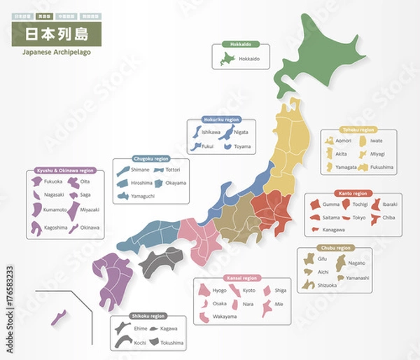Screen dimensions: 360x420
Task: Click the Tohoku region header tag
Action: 358,130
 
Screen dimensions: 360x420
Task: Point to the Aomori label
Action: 343,141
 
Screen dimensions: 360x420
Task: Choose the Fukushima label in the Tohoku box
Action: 381,167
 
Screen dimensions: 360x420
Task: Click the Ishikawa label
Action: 211,132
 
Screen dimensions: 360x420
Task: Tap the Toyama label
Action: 241,147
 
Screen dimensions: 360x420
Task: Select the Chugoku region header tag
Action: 150,159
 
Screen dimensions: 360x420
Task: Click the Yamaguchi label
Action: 143,196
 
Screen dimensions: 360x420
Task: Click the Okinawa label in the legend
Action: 90,227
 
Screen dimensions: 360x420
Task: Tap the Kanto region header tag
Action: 353,193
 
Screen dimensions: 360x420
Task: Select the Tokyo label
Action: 358,217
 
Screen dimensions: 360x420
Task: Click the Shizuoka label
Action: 328,285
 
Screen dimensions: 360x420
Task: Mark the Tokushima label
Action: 171,343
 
